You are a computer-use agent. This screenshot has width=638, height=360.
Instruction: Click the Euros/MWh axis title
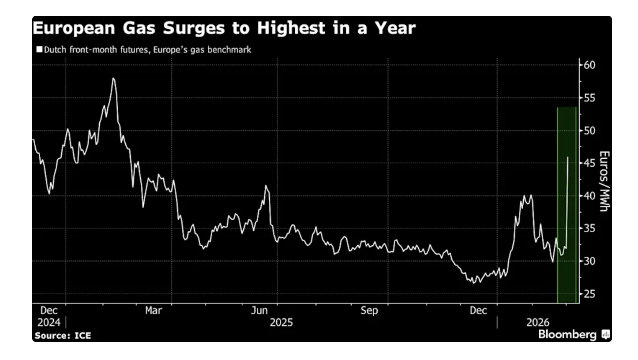click(x=604, y=181)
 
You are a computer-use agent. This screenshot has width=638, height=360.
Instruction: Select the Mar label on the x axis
click(x=154, y=311)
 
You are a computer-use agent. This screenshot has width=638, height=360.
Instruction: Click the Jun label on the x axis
click(x=259, y=311)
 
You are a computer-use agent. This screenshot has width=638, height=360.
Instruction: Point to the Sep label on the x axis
click(x=369, y=311)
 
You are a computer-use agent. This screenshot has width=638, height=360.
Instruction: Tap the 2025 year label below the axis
click(x=281, y=322)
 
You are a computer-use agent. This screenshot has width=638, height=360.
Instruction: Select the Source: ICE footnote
click(x=63, y=336)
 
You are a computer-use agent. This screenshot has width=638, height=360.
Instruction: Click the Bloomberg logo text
click(x=567, y=335)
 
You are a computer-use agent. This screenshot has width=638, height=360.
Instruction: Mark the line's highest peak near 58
click(x=113, y=78)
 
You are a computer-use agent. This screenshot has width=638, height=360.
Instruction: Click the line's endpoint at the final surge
click(x=567, y=157)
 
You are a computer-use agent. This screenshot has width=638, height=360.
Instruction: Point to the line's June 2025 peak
click(x=266, y=186)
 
